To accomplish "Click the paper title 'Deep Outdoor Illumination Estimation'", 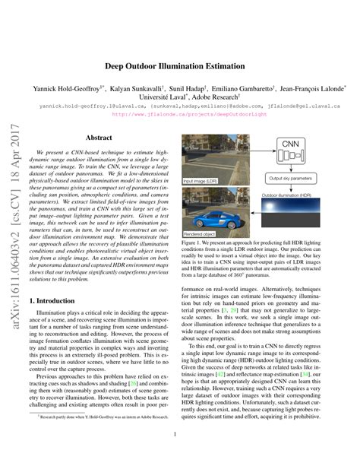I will point(180,67).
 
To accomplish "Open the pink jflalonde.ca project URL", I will point(180,116).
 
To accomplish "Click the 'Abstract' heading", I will point(99,138).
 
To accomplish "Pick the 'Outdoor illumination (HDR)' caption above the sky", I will point(292,195).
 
